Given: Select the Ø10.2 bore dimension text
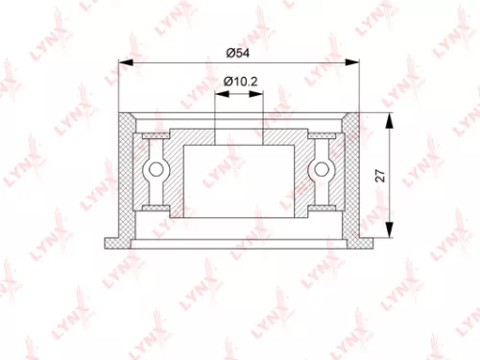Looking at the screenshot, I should coord(239,83).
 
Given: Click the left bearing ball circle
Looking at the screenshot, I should coord(154,171).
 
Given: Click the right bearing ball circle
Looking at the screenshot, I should coord(324,171).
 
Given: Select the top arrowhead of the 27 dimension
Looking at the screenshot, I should coord(390,116).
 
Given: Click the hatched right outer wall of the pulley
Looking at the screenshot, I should coord(352,173).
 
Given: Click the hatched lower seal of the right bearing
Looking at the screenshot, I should coord(324,206).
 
